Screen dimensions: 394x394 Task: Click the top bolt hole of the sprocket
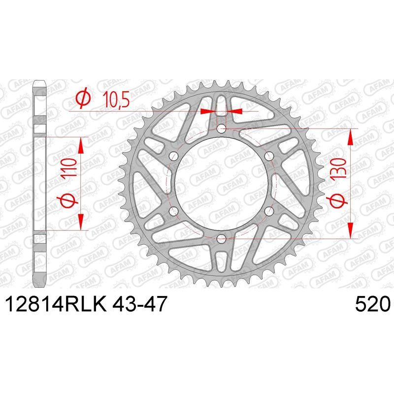click(221, 129)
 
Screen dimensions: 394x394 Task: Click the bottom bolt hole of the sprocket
click(221, 238)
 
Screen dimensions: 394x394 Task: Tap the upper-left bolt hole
click(174, 156)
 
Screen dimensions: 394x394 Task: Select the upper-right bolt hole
click(269, 156)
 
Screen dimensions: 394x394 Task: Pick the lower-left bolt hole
click(174, 211)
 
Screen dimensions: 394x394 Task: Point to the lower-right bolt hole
click(269, 211)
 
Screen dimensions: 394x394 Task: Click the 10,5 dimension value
click(117, 100)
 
